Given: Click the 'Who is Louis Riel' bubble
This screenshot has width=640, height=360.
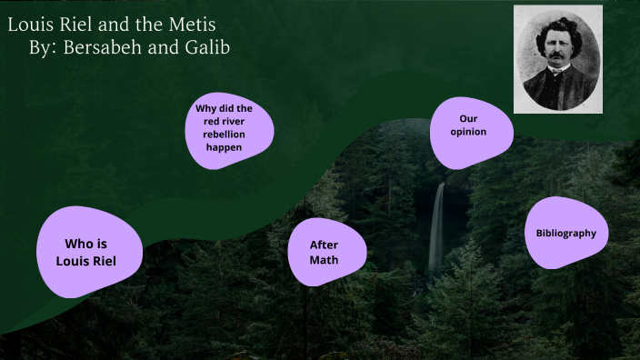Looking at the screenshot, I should [89, 252].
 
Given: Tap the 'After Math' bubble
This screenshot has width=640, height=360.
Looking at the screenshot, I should [325, 252].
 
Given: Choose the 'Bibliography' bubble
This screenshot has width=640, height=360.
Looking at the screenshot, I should [565, 233].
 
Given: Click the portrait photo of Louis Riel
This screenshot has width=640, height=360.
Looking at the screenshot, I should [557, 59].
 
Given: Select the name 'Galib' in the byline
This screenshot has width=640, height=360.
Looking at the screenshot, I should [206, 47].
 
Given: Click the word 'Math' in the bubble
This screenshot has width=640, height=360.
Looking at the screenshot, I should [324, 260].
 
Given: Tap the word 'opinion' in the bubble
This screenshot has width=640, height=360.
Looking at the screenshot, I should [469, 132].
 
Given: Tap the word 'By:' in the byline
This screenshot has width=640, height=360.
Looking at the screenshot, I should [42, 47].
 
